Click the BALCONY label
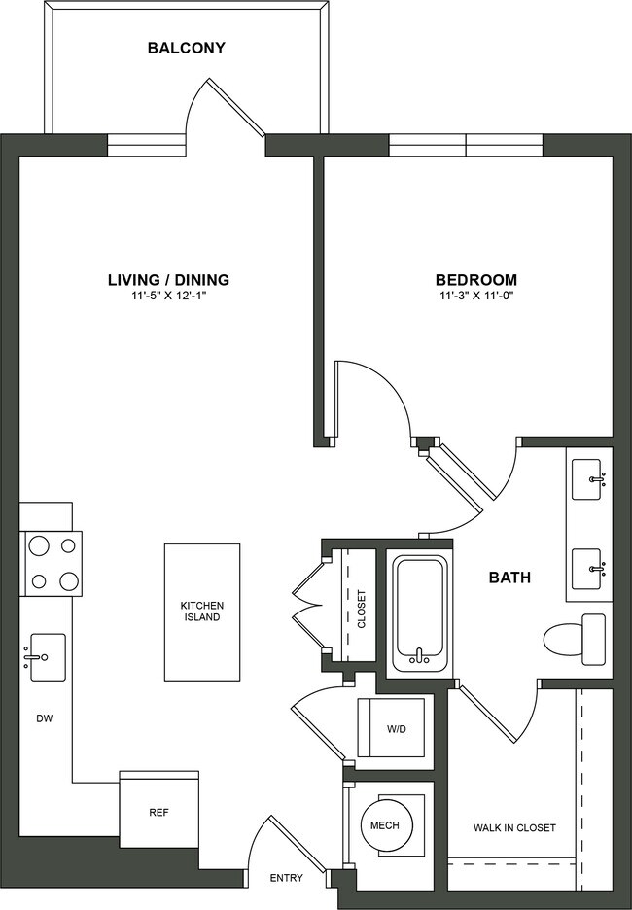[x=186, y=47]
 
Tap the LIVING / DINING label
[x=168, y=280]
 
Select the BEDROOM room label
[x=475, y=280]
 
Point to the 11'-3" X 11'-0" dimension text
[x=475, y=297]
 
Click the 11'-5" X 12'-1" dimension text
[x=168, y=297]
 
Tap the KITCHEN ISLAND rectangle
[x=201, y=612]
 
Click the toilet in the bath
[x=574, y=640]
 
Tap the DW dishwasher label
[x=44, y=720]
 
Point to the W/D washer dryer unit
[x=394, y=727]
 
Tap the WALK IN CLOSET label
[x=514, y=828]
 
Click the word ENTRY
[x=287, y=879]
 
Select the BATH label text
[x=509, y=577]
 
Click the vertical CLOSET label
[x=362, y=609]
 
